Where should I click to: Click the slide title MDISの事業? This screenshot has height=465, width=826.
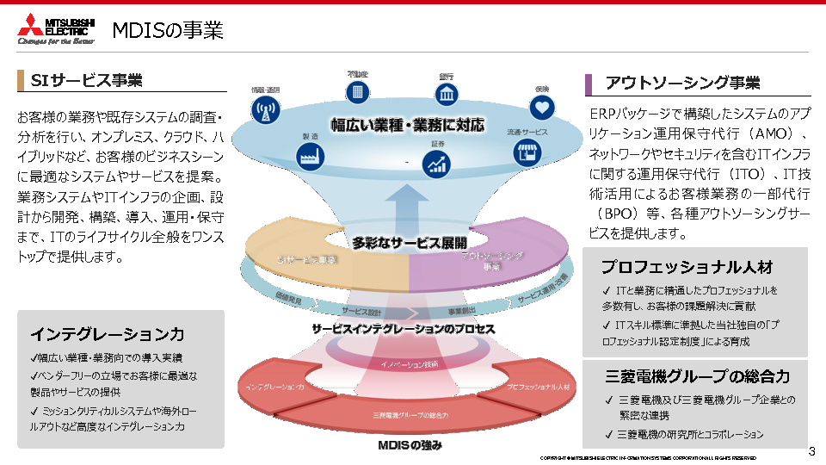(x=168, y=31)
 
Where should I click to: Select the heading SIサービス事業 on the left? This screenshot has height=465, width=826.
(x=86, y=81)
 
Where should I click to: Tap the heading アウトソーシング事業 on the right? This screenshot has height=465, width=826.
(x=682, y=83)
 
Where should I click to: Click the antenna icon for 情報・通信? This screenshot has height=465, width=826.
(x=265, y=109)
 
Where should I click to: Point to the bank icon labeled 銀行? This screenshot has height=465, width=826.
(x=447, y=93)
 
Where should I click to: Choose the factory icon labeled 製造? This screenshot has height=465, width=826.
(x=310, y=156)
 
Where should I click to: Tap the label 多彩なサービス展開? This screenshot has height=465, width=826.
(x=409, y=242)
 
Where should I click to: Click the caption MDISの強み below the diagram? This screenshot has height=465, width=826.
(x=410, y=445)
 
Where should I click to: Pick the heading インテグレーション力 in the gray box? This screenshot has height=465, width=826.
(x=108, y=334)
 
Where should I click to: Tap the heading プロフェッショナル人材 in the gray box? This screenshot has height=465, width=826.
(x=687, y=267)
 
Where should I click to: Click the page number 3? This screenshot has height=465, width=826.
(x=811, y=451)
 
